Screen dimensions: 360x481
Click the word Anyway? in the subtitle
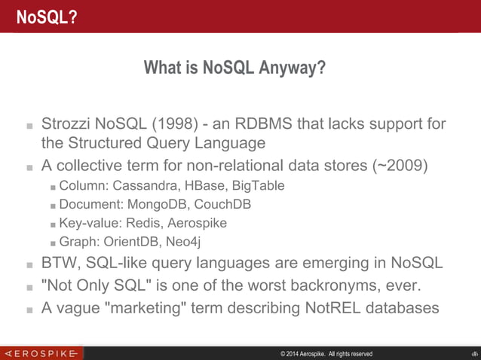(293, 69)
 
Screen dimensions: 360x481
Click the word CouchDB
(224, 204)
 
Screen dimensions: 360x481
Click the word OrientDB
(130, 242)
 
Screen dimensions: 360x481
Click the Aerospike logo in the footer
(41, 353)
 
